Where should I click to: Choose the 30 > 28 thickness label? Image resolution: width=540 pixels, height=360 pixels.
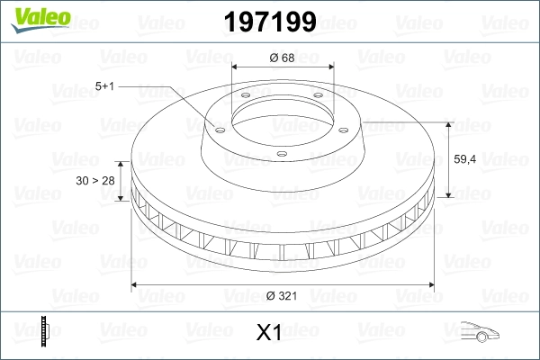(95, 181)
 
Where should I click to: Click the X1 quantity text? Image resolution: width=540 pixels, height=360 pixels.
(269, 333)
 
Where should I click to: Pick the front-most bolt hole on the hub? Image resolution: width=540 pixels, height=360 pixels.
(281, 155)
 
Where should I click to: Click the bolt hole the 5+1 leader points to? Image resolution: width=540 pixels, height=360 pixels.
(217, 128)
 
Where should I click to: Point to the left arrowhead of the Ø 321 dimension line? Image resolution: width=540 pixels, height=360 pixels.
(136, 285)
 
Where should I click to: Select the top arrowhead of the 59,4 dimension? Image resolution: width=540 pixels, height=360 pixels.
(449, 122)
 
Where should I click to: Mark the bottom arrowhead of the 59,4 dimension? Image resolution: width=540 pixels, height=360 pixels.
(449, 196)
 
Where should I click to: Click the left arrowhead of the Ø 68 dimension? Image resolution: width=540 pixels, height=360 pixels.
(236, 68)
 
